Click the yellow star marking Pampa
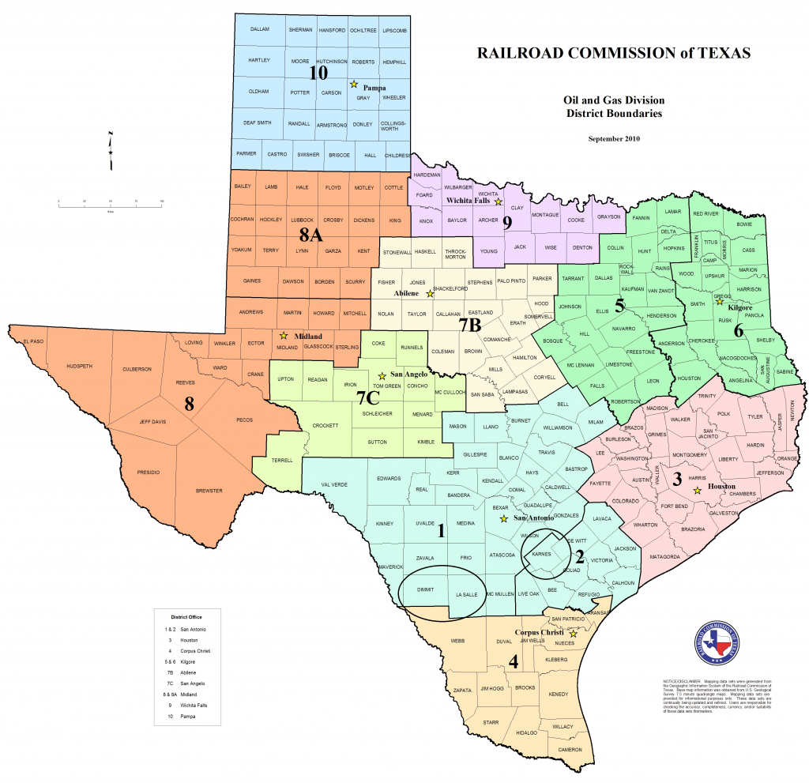coord(355,84)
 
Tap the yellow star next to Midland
coord(284,336)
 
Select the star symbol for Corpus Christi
coord(574,634)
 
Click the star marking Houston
coord(697,491)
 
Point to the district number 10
coord(318,73)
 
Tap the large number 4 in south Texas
coord(514,661)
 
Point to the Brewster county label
coord(209,491)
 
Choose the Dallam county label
coord(260,29)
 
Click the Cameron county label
coord(570,749)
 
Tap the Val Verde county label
coord(334,484)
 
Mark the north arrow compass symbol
coord(111,150)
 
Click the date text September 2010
coord(614,139)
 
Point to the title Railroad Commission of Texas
coord(613,54)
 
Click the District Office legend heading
coord(184,615)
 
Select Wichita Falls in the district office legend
coord(186,705)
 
